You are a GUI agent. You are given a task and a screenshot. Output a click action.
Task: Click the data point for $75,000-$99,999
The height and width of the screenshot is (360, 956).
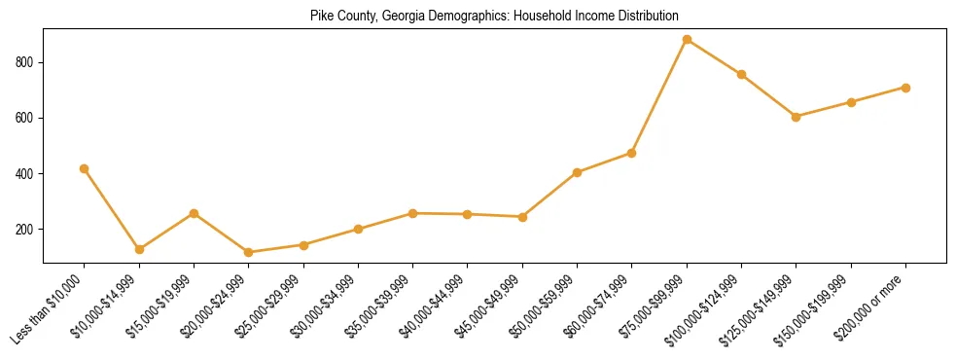[687, 40]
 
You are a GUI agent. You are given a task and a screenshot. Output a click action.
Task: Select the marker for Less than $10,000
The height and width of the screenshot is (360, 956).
[85, 169]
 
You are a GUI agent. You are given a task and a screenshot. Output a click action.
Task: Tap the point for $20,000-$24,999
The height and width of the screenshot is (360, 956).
[249, 253]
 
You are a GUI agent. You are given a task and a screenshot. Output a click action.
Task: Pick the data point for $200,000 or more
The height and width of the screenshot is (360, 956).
[905, 88]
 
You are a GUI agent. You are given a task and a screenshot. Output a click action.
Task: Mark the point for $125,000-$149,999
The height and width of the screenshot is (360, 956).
[796, 117]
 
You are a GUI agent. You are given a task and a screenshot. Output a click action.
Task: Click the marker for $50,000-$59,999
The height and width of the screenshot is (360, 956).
[577, 172]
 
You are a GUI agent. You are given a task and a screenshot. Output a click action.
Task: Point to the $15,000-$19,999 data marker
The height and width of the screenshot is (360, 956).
[195, 213]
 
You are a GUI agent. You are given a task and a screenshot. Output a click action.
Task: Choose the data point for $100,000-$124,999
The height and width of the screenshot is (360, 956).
[741, 75]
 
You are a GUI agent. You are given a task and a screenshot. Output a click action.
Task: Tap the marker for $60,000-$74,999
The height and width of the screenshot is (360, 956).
[632, 153]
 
